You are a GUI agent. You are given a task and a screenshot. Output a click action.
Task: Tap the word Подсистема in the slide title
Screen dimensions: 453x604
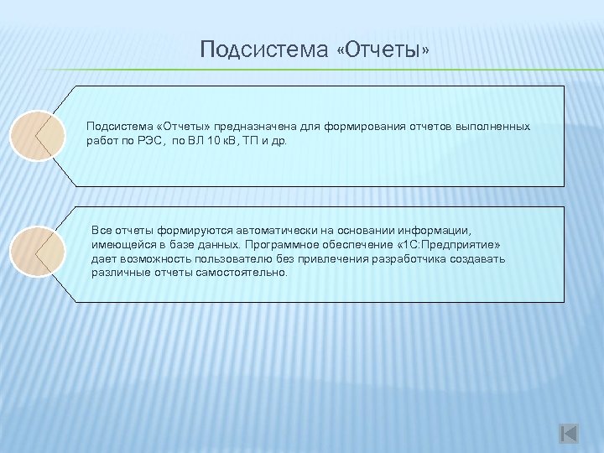264,52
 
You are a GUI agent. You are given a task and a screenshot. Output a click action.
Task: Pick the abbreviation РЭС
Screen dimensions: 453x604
146,140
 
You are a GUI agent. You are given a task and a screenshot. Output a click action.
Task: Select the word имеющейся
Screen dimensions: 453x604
120,243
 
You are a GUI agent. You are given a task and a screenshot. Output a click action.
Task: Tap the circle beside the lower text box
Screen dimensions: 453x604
39,253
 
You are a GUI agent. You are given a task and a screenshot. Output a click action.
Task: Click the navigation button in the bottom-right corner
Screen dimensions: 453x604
569,433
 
